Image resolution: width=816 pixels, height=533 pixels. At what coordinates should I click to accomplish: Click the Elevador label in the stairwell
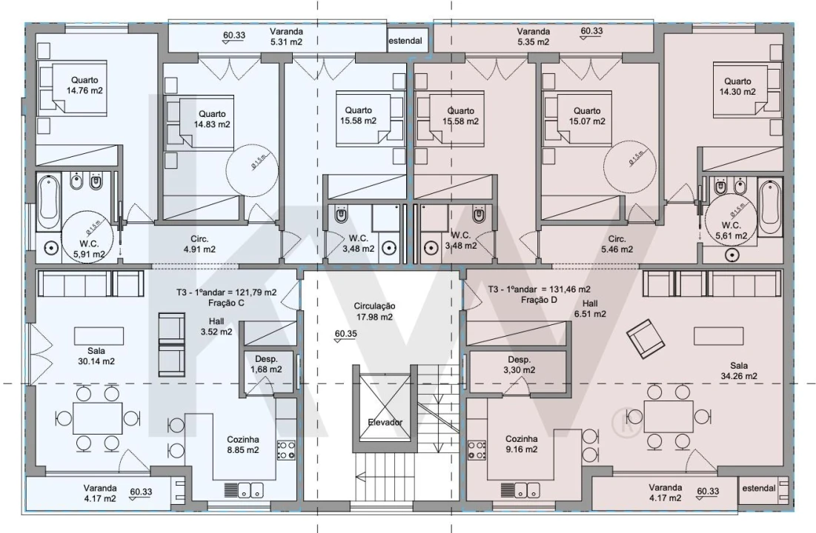tap(385, 422)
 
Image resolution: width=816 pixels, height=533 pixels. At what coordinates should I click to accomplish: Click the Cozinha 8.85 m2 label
tap(242, 444)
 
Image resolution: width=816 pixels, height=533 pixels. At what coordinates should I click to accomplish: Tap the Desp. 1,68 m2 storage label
tap(265, 364)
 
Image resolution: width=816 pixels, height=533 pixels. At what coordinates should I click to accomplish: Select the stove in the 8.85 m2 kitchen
tap(286, 450)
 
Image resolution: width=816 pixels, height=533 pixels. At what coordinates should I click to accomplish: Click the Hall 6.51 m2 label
tap(590, 308)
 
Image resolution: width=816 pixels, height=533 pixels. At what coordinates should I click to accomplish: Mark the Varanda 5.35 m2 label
tap(533, 37)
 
